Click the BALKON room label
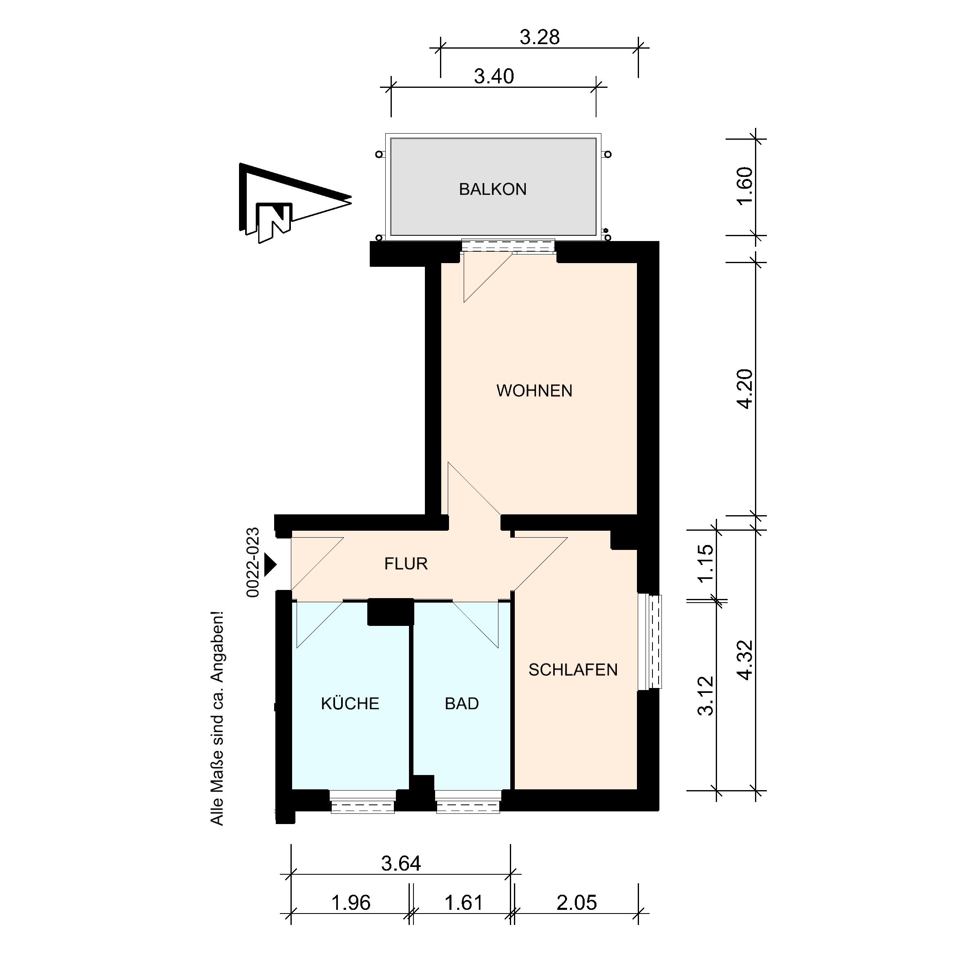[x=492, y=189]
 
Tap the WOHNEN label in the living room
[x=534, y=391]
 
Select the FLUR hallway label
[x=406, y=563]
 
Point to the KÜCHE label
[x=350, y=703]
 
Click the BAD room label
[x=462, y=703]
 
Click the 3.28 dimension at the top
[x=539, y=38]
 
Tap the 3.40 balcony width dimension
[x=494, y=76]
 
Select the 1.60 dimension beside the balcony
[x=745, y=186]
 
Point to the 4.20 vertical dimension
[x=745, y=389]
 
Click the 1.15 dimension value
[x=705, y=563]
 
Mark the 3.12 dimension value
[x=705, y=696]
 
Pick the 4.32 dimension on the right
[x=745, y=660]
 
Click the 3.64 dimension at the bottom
[x=401, y=863]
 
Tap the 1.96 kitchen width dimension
[x=351, y=902]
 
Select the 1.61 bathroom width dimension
[x=464, y=902]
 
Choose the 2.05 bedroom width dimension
[x=577, y=902]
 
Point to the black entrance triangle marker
[x=270, y=565]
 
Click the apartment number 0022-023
[x=253, y=563]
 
